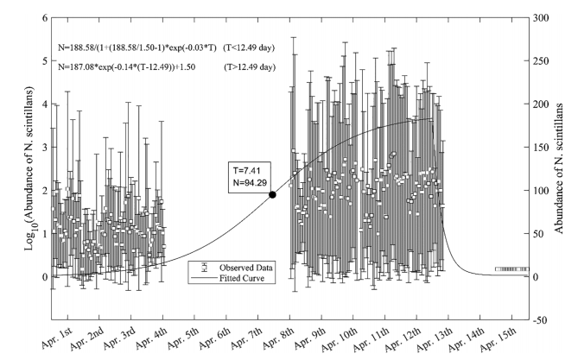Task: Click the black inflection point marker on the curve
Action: [x=273, y=195]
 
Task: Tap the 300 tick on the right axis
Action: [x=544, y=18]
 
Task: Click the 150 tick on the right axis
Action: [x=544, y=148]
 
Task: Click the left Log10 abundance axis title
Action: [x=11, y=169]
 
